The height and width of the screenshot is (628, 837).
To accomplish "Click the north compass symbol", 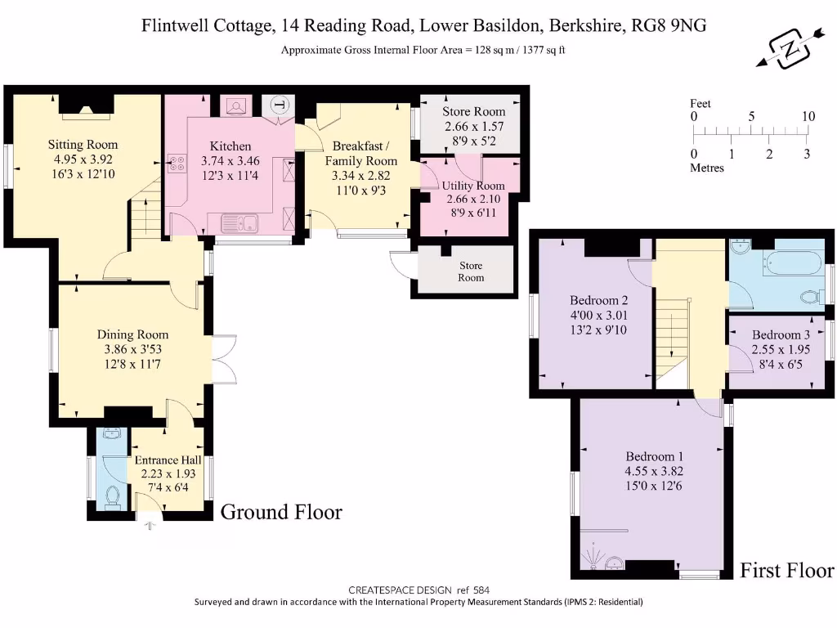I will coord(790,48).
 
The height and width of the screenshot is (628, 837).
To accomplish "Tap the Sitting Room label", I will coord(82,145).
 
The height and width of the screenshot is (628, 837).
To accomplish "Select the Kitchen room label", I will coord(224,146).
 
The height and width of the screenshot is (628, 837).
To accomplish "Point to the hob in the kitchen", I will coord(176,164).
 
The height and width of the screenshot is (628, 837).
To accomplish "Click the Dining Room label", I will coord(132,334).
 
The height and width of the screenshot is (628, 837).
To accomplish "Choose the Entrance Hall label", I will coord(168,460).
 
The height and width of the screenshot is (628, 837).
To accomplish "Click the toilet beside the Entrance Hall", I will coord(112,496).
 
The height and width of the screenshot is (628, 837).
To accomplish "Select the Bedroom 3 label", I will coord(781,334).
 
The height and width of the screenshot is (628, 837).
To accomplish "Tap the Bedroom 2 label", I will coord(598,299).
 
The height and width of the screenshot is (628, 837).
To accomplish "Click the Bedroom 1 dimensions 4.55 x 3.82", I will coord(654,471).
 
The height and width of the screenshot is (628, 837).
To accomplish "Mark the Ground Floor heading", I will coord(281,512).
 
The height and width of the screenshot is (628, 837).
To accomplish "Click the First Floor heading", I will coord(786,570).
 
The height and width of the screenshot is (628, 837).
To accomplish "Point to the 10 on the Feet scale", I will coord(808,117).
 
